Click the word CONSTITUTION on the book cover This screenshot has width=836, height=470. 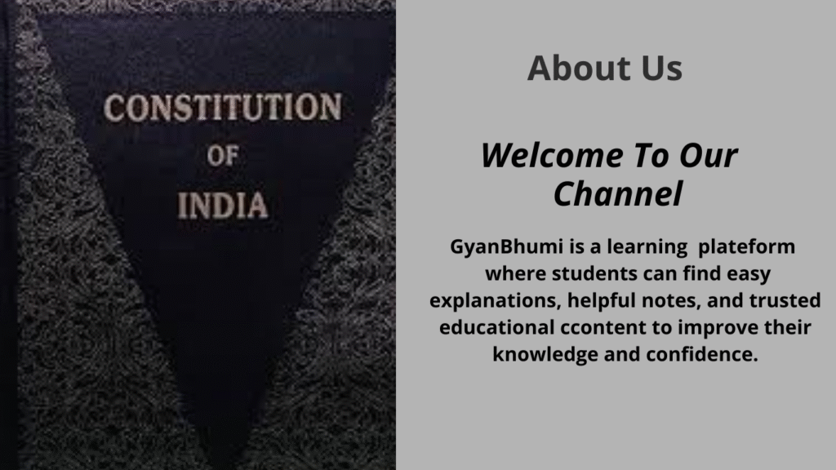point(222,107)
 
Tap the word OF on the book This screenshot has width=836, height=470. point(222,156)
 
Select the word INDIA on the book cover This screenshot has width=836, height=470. point(222,205)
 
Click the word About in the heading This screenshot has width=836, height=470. point(579,68)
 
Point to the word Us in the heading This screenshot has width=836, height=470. point(661,69)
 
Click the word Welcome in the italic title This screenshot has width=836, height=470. point(552,155)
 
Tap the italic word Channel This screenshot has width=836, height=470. point(618,193)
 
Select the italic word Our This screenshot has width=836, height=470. point(708,156)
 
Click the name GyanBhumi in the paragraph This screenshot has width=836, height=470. point(506,246)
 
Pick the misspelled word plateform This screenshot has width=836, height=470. point(746,246)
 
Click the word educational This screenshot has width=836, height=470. point(497,327)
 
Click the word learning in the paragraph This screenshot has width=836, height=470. point(647,247)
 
